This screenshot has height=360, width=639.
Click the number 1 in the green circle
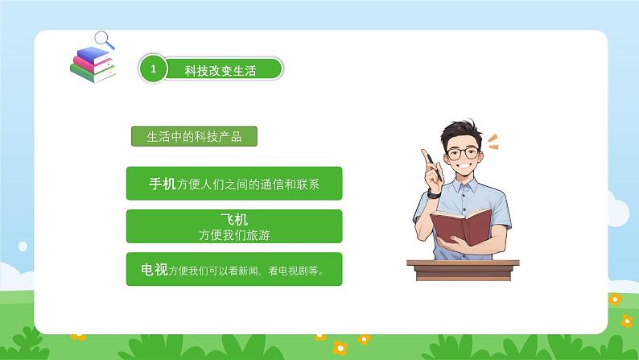click(x=152, y=68)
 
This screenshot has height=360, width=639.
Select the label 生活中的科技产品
click(x=193, y=137)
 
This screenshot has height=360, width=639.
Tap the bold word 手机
click(x=162, y=184)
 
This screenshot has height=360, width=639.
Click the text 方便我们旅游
click(x=234, y=235)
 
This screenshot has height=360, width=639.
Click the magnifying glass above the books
click(x=104, y=38)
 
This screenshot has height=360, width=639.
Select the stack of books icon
click(x=92, y=64)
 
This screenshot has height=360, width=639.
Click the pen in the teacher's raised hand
click(x=428, y=159)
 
